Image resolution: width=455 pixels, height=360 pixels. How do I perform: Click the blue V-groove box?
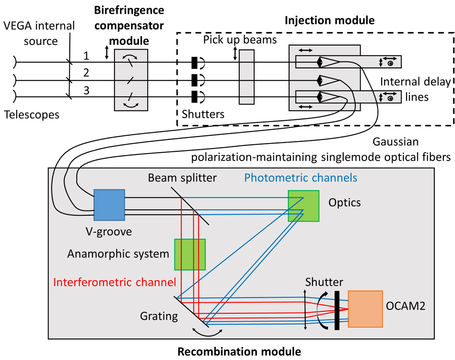109,205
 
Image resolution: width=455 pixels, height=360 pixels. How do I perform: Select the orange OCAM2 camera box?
365,308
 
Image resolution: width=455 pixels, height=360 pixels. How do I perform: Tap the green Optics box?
303,206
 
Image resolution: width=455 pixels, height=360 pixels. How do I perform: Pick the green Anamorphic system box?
190,254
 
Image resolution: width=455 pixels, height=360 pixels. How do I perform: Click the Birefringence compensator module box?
131,80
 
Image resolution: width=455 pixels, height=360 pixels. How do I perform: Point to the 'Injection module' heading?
330,20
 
